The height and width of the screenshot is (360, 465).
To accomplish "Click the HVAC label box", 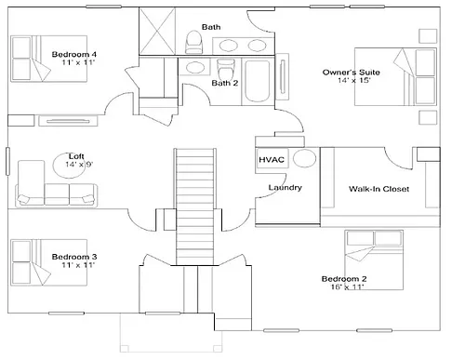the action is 272,159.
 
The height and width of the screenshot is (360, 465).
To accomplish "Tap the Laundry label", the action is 285,187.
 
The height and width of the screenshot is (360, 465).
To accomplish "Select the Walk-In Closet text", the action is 379,189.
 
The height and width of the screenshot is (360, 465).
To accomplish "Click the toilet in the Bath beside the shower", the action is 193,42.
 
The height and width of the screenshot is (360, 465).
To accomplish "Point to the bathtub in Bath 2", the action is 257,81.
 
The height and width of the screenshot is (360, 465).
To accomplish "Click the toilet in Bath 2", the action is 226,69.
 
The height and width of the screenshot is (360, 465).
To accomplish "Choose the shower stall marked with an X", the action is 157,32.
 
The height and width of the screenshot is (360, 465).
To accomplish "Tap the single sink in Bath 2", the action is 195,67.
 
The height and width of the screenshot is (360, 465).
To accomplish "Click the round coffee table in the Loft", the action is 69,166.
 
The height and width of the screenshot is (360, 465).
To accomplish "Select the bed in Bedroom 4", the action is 48,59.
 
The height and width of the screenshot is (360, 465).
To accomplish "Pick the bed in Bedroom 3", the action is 48,262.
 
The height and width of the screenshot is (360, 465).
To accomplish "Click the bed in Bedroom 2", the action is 374,260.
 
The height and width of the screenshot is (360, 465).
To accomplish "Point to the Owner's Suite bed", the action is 395,76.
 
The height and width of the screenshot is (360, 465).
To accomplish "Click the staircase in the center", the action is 195,207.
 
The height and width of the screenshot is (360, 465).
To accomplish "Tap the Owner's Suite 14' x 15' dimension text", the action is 354,80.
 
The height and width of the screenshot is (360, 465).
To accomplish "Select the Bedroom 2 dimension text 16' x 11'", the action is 347,287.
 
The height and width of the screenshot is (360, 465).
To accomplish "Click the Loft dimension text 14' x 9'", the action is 79,164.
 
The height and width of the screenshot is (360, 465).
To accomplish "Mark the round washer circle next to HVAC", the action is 304,158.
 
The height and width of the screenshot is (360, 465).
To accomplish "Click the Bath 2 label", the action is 225,83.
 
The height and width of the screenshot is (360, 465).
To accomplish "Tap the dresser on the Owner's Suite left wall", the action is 283,76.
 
